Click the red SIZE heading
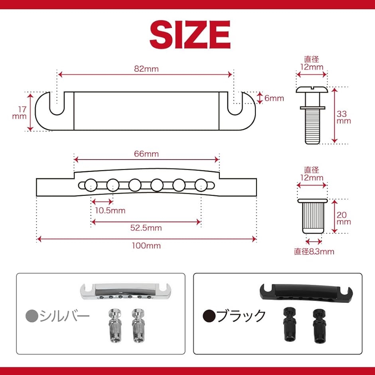[x=190, y=35]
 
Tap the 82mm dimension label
[x=146, y=69]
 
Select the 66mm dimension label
[x=146, y=154]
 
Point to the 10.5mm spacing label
[x=110, y=211]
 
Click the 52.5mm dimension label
[x=146, y=228]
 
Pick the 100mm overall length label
[x=146, y=246]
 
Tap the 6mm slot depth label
[x=274, y=98]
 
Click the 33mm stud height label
[x=343, y=117]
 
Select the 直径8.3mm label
[x=314, y=251]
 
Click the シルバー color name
[x=64, y=316]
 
